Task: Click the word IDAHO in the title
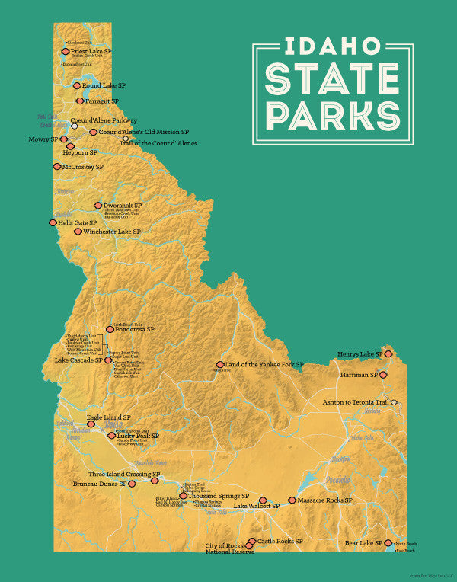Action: (x=333, y=46)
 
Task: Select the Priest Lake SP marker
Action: (x=66, y=52)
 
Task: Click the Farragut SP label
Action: (x=102, y=101)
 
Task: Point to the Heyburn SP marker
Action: (x=70, y=146)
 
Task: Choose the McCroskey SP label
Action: (x=83, y=166)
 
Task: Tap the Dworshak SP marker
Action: (x=97, y=205)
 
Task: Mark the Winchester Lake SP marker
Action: (x=78, y=231)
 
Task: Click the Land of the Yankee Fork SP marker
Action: (x=220, y=365)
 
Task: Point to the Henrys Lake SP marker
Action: (x=388, y=354)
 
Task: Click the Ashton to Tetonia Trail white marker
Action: (x=395, y=401)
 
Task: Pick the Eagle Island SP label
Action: (x=109, y=417)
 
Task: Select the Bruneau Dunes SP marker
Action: (x=132, y=483)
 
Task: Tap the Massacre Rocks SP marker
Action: (x=292, y=500)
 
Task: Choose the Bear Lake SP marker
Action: (x=388, y=543)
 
